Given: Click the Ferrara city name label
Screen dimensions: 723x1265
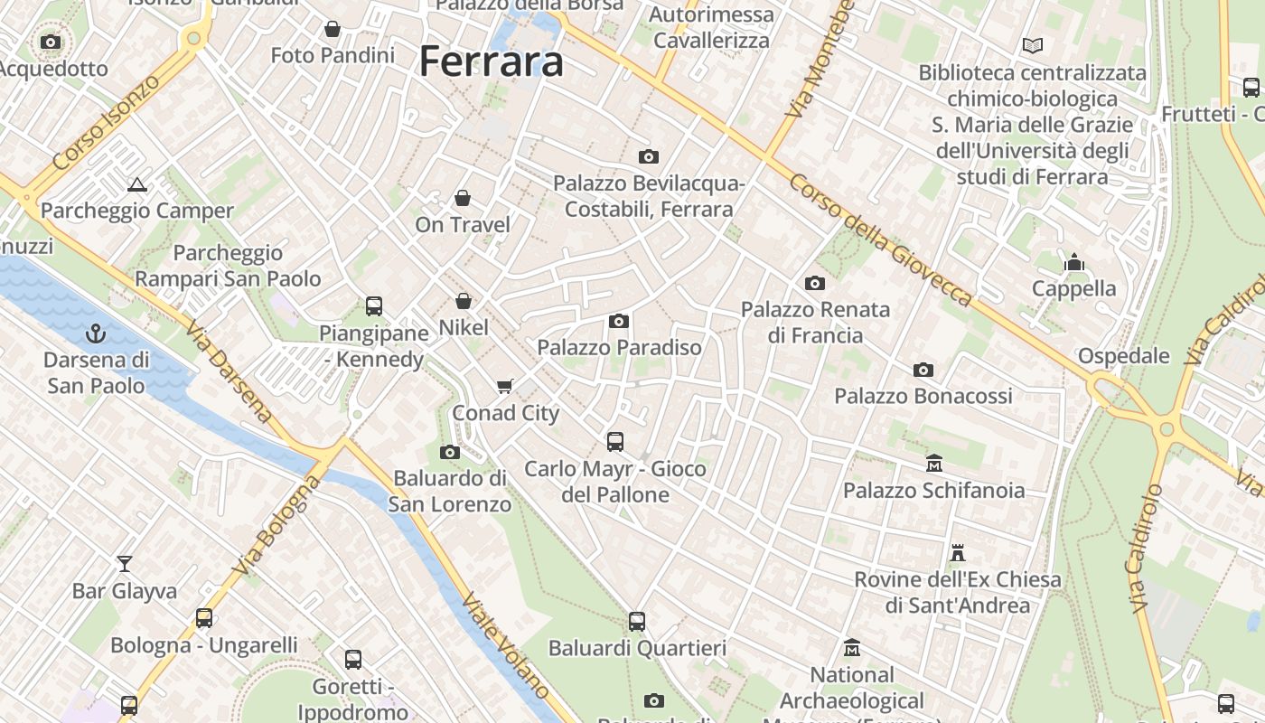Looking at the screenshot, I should (492, 61).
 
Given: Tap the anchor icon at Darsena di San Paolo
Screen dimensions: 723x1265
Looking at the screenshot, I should (96, 334).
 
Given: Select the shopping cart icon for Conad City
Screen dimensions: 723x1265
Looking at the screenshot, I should (505, 387).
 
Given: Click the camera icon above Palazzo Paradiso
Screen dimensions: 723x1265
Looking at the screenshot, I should (619, 321).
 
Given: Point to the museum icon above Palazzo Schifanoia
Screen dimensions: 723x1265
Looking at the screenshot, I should (934, 464).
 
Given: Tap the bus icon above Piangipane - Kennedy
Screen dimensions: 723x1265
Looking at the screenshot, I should (374, 306).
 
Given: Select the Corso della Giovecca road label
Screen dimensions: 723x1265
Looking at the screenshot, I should (880, 239).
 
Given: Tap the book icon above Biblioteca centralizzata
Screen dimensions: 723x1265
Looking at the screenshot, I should (1032, 45).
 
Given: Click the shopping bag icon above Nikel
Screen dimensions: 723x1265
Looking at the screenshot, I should (464, 301).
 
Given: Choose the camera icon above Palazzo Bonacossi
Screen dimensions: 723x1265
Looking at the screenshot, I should (923, 370).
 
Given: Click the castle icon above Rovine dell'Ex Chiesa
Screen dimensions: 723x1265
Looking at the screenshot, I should (958, 552).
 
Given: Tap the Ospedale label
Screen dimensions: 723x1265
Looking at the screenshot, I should (1124, 356).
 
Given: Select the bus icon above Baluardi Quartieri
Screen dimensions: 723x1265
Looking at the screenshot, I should (637, 622).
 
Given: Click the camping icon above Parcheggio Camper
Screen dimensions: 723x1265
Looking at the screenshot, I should (137, 185).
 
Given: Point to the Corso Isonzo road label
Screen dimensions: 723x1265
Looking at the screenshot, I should (106, 124).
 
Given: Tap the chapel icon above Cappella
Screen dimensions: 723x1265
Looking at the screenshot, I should (1074, 262).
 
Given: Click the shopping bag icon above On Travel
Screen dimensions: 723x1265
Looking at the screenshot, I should (463, 198).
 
